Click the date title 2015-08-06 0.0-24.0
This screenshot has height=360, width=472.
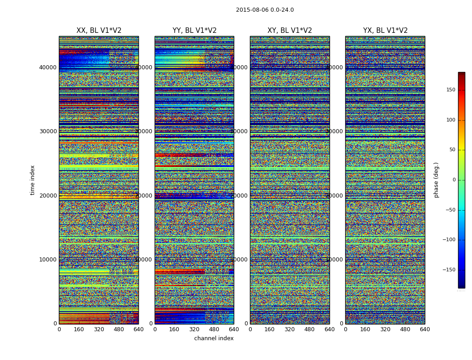265,10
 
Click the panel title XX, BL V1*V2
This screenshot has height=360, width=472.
99,31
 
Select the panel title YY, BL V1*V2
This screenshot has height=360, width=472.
194,31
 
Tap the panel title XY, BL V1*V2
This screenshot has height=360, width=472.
289,31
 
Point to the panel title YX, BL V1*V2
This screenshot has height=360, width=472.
385,31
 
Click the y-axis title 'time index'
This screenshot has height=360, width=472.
32,180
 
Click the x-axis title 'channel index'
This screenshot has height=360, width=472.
214,338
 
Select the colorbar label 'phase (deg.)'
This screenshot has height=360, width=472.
436,180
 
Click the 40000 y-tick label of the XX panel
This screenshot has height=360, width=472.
48,67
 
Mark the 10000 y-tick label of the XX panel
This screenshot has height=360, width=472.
48,260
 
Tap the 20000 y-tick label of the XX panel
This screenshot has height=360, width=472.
48,196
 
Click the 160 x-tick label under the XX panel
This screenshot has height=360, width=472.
79,329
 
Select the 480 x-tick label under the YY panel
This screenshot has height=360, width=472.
214,329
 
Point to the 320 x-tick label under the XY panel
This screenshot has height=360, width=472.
289,329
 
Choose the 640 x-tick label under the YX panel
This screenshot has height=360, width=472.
425,329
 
